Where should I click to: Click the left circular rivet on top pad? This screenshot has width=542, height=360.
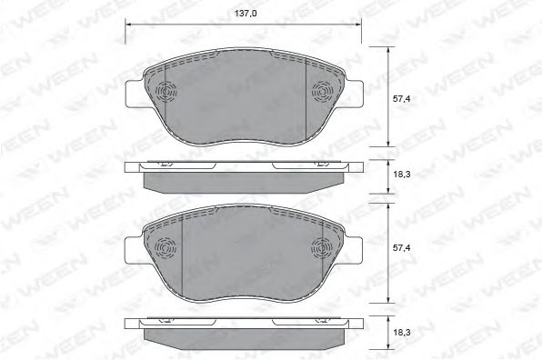(165, 94)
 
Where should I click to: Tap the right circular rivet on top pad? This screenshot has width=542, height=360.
(323, 92)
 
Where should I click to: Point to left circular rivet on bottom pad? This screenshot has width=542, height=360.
(165, 247)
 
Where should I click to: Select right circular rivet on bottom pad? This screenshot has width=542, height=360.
(323, 246)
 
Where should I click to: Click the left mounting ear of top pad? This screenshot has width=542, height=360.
(134, 94)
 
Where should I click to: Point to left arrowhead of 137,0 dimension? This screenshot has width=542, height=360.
(126, 26)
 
